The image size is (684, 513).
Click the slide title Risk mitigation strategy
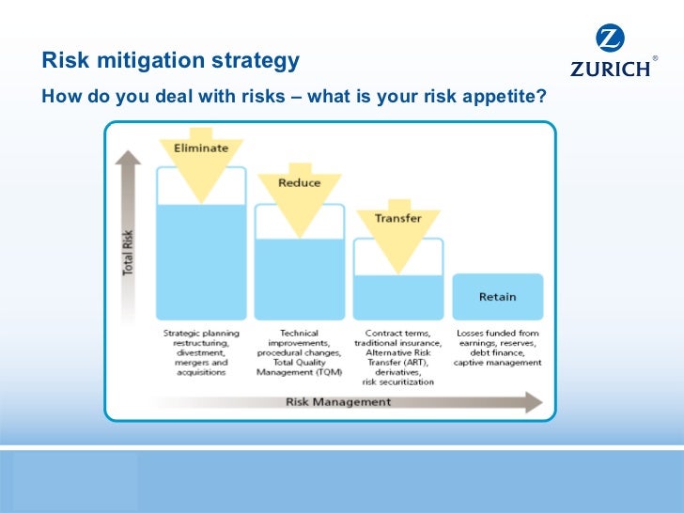click(x=170, y=61)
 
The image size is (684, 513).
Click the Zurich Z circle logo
click(x=610, y=40)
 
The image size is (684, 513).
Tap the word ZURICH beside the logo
click(x=610, y=69)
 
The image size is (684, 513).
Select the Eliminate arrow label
click(x=201, y=148)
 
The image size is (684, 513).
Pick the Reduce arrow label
click(x=299, y=182)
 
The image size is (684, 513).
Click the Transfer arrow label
click(x=397, y=218)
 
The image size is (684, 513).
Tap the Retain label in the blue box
click(x=497, y=297)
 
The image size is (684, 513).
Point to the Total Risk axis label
click(x=129, y=253)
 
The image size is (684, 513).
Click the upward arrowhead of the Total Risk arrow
click(x=129, y=157)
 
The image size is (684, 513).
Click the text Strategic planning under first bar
click(x=201, y=333)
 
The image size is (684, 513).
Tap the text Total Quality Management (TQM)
click(x=299, y=366)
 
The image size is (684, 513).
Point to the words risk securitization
click(x=397, y=381)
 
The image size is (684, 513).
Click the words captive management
click(x=497, y=362)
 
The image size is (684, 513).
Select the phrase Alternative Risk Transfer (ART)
click(x=397, y=357)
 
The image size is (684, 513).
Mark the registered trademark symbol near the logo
click(x=655, y=58)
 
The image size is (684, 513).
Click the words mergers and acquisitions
click(x=201, y=366)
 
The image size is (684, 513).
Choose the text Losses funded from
click(x=497, y=333)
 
